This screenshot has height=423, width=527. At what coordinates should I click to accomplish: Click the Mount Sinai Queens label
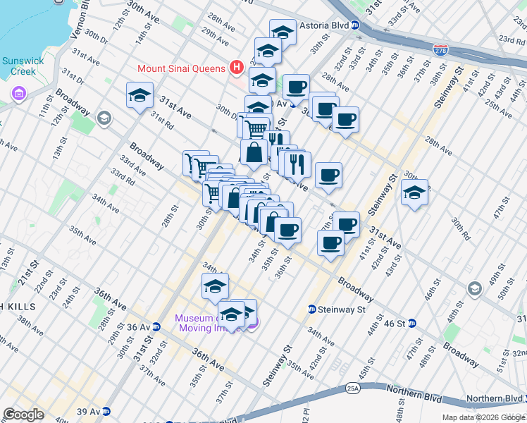(x=182, y=68)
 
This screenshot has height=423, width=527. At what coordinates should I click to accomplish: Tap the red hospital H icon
(x=237, y=68)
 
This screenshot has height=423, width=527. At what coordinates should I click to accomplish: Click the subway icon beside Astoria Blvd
(x=356, y=25)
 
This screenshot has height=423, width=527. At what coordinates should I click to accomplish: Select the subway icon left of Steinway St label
(x=311, y=309)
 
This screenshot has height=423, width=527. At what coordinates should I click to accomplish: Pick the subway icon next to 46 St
(x=412, y=323)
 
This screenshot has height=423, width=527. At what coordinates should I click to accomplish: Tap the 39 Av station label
(x=89, y=412)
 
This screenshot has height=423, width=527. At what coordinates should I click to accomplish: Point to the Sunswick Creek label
(x=23, y=66)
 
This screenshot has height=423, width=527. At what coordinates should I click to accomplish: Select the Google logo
(x=23, y=415)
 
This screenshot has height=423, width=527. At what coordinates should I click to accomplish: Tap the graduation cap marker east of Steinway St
(x=414, y=192)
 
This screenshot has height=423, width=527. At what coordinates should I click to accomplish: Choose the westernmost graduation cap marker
(x=139, y=95)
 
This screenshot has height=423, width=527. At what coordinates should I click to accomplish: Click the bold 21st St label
(x=27, y=274)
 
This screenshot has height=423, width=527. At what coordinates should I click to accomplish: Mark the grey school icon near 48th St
(x=474, y=288)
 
